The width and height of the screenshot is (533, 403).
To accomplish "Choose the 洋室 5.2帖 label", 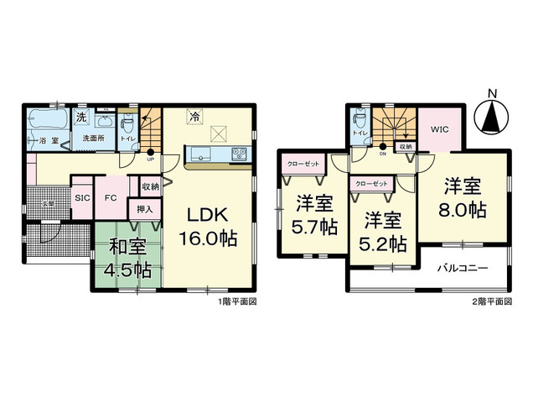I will pos(385,233).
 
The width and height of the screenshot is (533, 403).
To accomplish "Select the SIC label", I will pos(82,198).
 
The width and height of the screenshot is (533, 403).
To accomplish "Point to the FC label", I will pos(110,198).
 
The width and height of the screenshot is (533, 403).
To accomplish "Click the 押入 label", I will pos(144,210).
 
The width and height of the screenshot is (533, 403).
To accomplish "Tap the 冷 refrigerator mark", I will pos(194,117).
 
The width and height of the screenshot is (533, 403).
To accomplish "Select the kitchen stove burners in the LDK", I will pos(237,154).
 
